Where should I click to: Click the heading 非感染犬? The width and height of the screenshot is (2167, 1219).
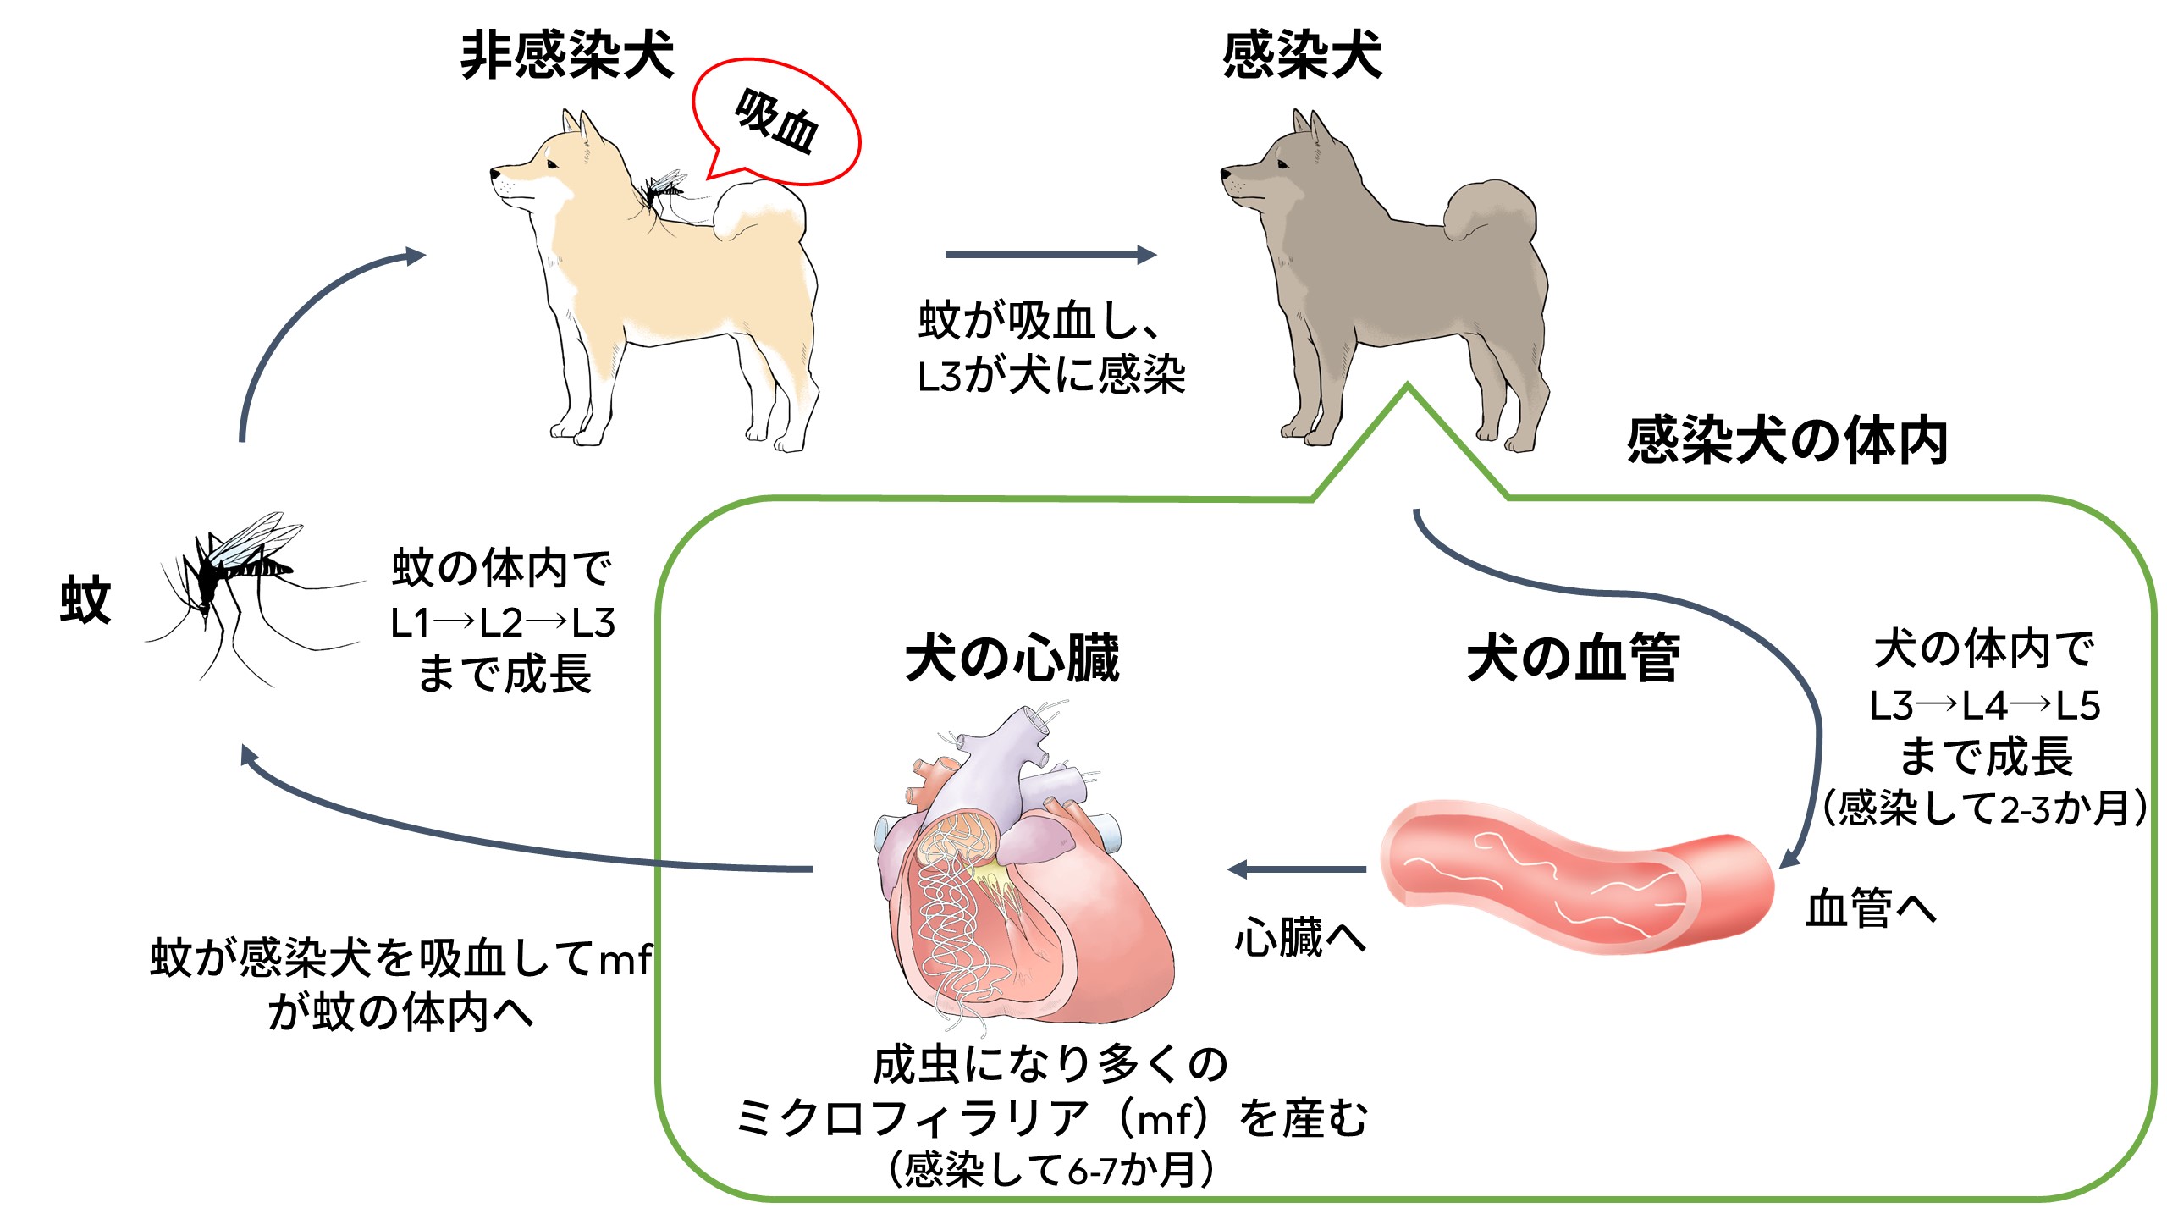566,56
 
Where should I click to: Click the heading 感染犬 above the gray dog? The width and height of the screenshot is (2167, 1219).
1301,56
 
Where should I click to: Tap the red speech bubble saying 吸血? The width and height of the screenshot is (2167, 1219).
776,124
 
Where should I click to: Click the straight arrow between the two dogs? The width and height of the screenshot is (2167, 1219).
1050,255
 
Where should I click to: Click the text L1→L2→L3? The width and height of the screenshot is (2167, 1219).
503,623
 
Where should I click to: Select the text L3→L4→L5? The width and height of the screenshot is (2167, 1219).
1984,706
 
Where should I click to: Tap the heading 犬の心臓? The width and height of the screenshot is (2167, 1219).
1012,657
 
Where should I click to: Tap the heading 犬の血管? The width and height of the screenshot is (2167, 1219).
1572,657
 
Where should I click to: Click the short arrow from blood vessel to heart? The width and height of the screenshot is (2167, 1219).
1297,869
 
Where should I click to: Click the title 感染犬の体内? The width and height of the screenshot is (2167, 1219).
1786,440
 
